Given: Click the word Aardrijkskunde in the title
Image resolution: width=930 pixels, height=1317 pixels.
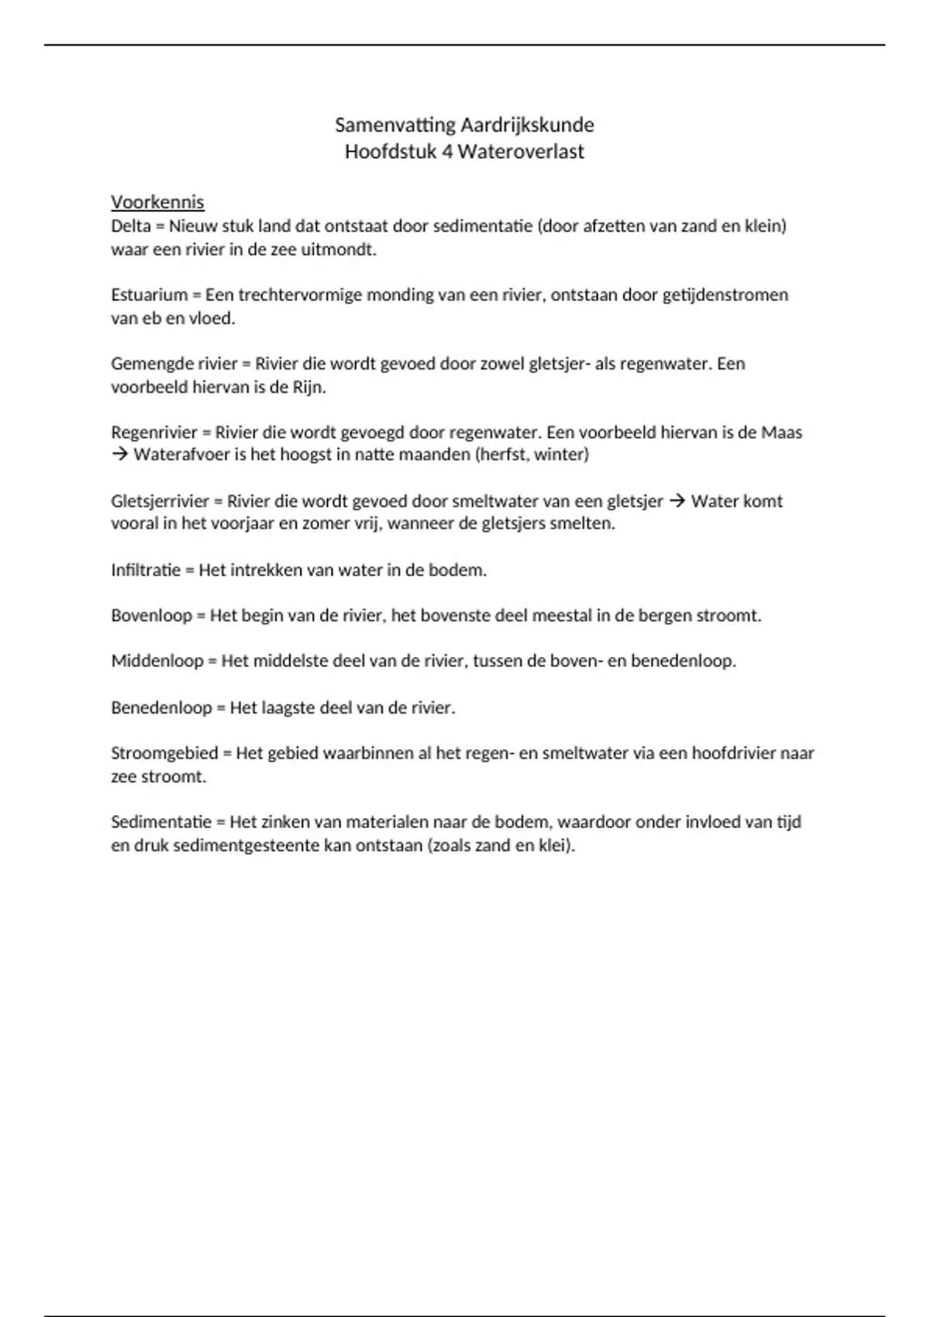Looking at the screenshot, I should (527, 125).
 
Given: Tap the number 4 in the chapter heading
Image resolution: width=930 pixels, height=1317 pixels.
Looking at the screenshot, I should (447, 151).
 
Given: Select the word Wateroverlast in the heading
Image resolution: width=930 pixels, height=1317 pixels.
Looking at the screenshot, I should (521, 151).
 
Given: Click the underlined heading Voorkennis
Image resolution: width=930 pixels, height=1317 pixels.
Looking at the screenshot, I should (157, 202).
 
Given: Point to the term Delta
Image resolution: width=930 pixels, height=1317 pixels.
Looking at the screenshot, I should (131, 226).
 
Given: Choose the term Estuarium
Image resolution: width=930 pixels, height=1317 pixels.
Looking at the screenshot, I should (150, 295).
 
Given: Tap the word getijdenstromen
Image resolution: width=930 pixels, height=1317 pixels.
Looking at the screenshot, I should (725, 295).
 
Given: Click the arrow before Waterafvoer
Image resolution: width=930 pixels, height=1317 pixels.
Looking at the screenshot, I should (119, 455).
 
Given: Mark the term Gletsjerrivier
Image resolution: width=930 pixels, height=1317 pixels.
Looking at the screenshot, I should (160, 501).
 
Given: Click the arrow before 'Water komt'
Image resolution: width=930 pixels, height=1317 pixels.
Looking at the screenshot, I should (677, 501).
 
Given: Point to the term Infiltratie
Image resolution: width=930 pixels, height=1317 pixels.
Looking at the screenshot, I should (146, 570).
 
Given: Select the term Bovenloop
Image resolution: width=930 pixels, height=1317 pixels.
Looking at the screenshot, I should (151, 616).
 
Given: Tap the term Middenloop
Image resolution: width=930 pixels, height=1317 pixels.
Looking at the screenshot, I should (157, 662).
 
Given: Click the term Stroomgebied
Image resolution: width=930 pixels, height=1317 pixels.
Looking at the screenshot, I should (164, 753).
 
